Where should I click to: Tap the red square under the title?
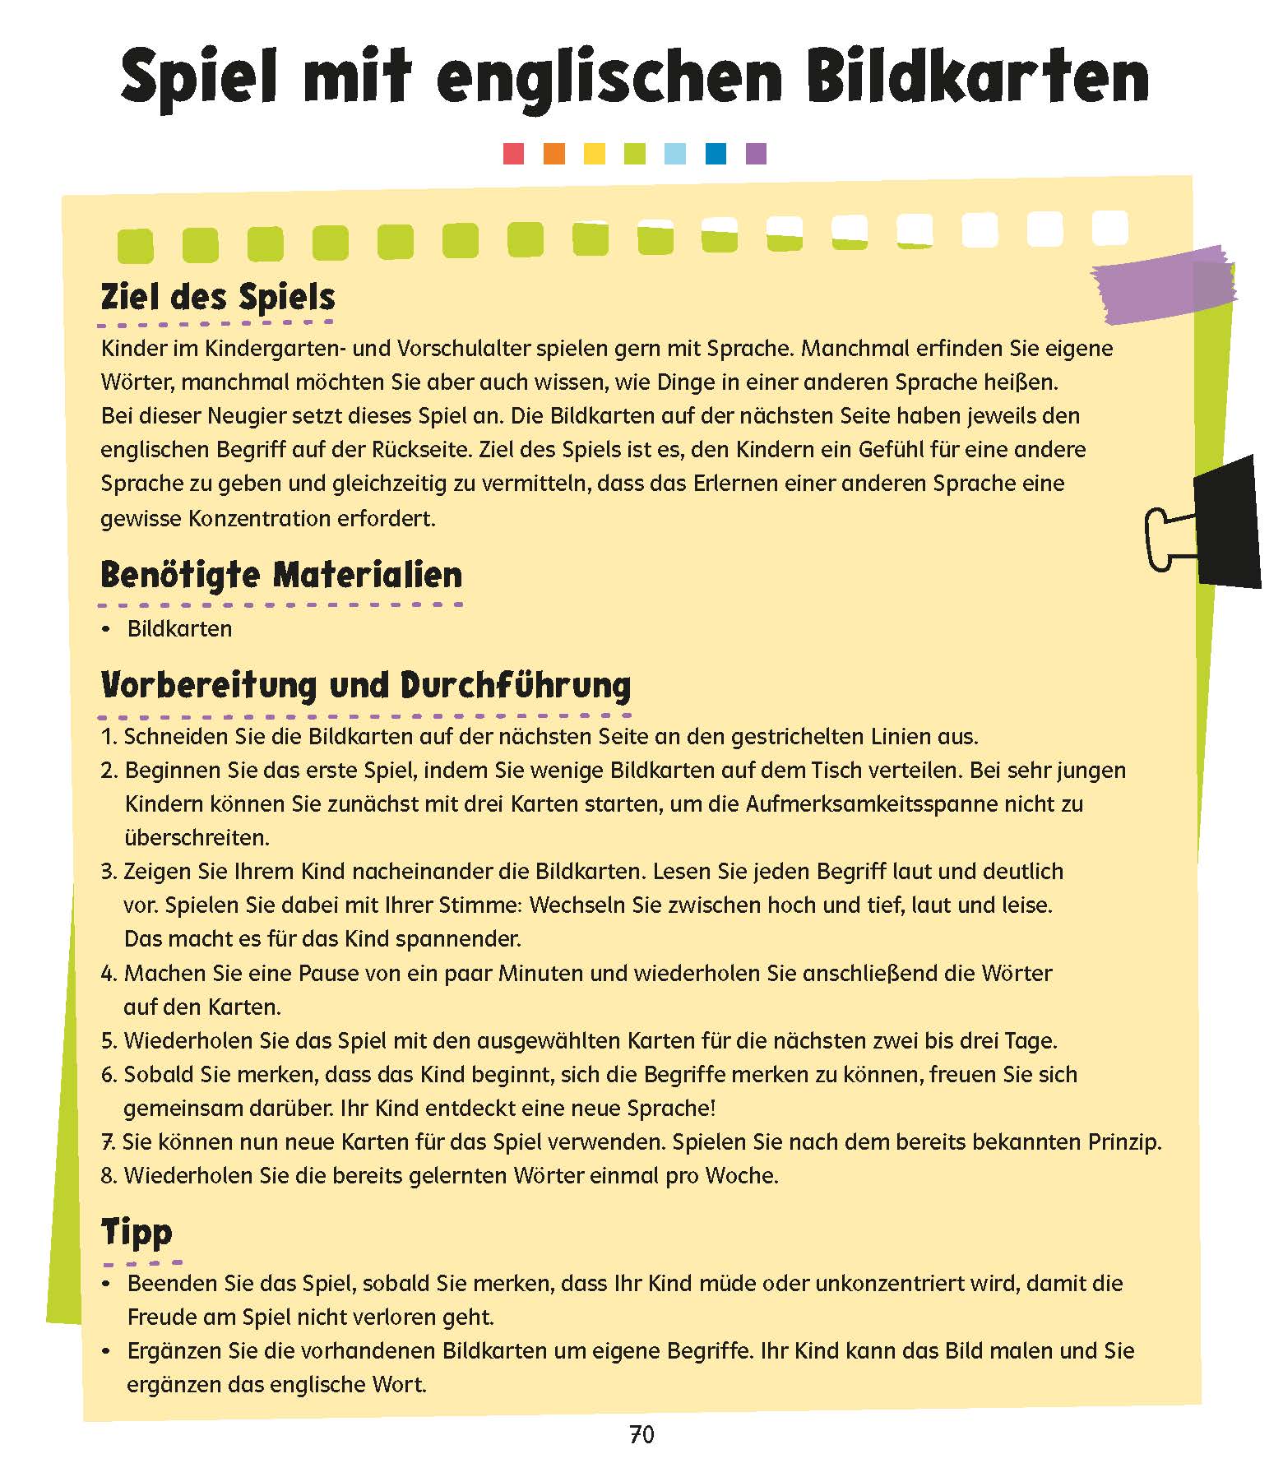pyautogui.click(x=513, y=154)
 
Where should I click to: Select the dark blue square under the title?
pyautogui.click(x=716, y=154)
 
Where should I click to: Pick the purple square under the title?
pyautogui.click(x=756, y=154)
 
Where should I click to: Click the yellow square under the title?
pyautogui.click(x=594, y=154)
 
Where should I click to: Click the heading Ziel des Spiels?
pyautogui.click(x=218, y=297)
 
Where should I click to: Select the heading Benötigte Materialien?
pyautogui.click(x=281, y=575)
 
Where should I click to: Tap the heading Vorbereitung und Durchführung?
pyautogui.click(x=365, y=685)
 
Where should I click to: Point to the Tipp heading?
pyautogui.click(x=137, y=1232)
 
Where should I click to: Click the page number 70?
pyautogui.click(x=641, y=1435)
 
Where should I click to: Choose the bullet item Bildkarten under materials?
pyautogui.click(x=179, y=629)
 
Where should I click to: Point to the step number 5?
pyautogui.click(x=108, y=1041)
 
